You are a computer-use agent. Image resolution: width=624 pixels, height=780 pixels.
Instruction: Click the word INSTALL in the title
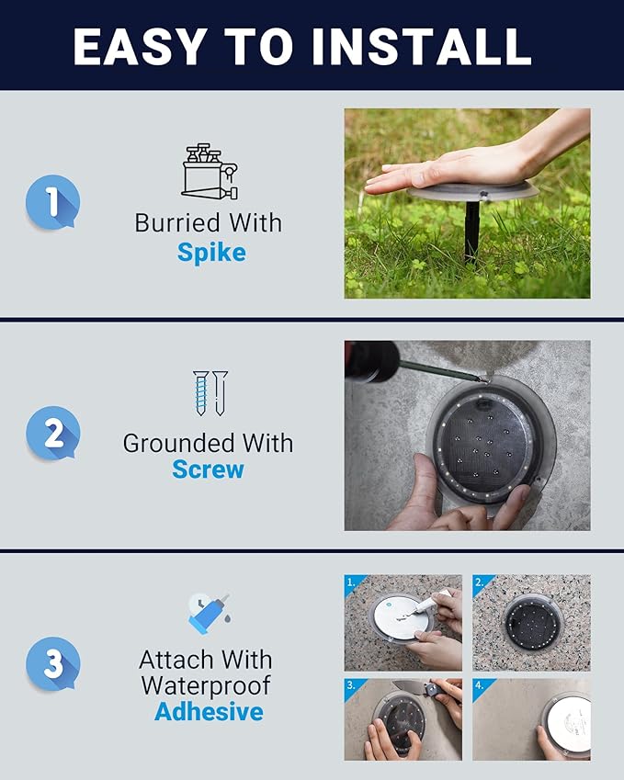(x=422, y=46)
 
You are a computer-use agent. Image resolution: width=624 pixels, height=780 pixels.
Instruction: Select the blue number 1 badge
(x=52, y=202)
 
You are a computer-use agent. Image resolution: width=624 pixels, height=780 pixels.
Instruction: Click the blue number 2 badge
(x=52, y=433)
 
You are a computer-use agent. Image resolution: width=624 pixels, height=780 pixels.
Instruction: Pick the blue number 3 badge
(x=52, y=663)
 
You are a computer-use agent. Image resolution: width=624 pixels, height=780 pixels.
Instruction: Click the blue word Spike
(x=211, y=253)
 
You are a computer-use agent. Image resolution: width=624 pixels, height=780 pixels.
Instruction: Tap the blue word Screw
(x=208, y=469)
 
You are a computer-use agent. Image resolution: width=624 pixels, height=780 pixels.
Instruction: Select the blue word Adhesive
(x=209, y=711)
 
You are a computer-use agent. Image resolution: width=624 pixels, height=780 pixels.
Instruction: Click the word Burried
(x=177, y=222)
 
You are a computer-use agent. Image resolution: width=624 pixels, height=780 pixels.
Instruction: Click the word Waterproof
(x=206, y=685)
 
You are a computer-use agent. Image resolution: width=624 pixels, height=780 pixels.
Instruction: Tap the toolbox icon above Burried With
(x=210, y=172)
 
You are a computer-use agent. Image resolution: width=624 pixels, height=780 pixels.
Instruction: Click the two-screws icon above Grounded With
(x=210, y=393)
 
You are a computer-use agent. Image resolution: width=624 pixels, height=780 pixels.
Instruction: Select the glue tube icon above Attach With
(x=209, y=614)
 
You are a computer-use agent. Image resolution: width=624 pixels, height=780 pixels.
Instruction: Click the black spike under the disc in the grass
(x=471, y=231)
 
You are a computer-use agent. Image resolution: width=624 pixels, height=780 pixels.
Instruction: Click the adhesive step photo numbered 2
(x=531, y=623)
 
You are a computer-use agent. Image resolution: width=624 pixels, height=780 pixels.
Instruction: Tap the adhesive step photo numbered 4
(x=531, y=719)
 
